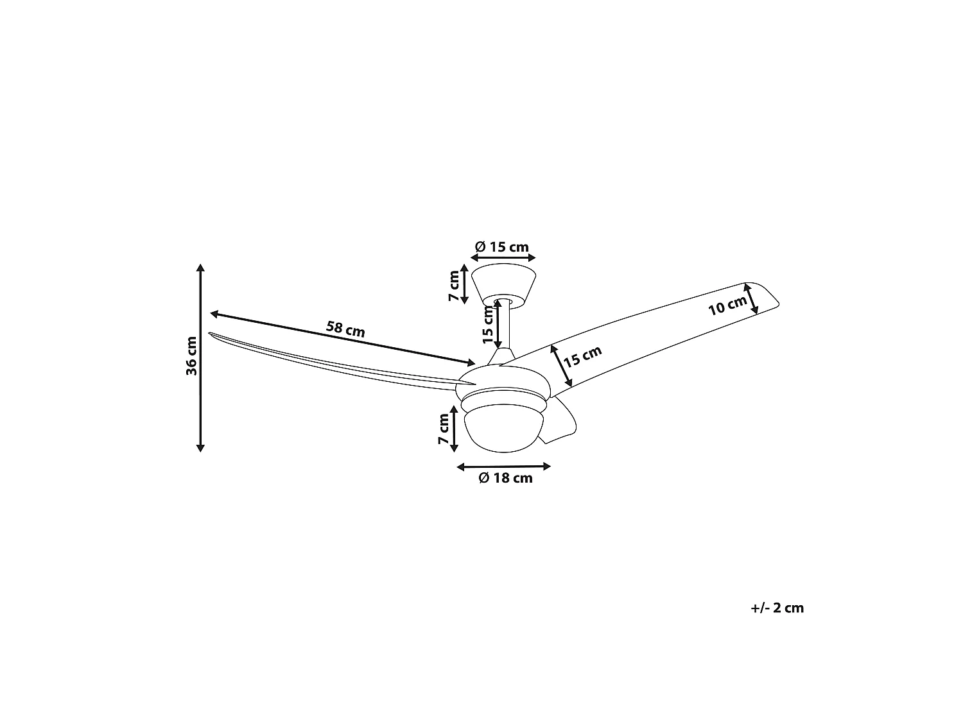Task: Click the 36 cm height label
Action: point(191,356)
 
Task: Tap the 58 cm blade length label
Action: point(345,329)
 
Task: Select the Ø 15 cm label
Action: point(502,247)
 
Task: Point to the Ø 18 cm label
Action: point(505,477)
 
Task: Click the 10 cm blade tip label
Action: point(727,305)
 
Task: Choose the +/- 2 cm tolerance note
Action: point(777,608)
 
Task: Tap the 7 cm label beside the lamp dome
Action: point(444,428)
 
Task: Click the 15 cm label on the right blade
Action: point(582,356)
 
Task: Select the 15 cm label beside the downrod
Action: point(488,325)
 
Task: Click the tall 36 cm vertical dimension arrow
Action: point(200,357)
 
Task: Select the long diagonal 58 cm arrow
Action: point(343,338)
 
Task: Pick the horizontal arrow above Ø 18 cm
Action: point(504,467)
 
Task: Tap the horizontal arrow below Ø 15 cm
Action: point(503,258)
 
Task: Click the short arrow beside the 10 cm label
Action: point(750,298)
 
